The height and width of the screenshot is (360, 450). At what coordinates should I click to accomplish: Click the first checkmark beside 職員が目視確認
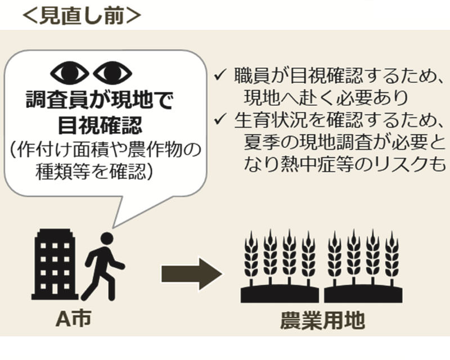221,74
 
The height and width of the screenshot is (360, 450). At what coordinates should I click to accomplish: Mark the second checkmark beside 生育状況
221,119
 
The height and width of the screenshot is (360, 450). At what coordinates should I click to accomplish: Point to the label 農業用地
322,320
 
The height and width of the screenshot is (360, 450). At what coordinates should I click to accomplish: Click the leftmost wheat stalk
251,256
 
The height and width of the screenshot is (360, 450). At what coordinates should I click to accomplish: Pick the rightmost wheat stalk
391,256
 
